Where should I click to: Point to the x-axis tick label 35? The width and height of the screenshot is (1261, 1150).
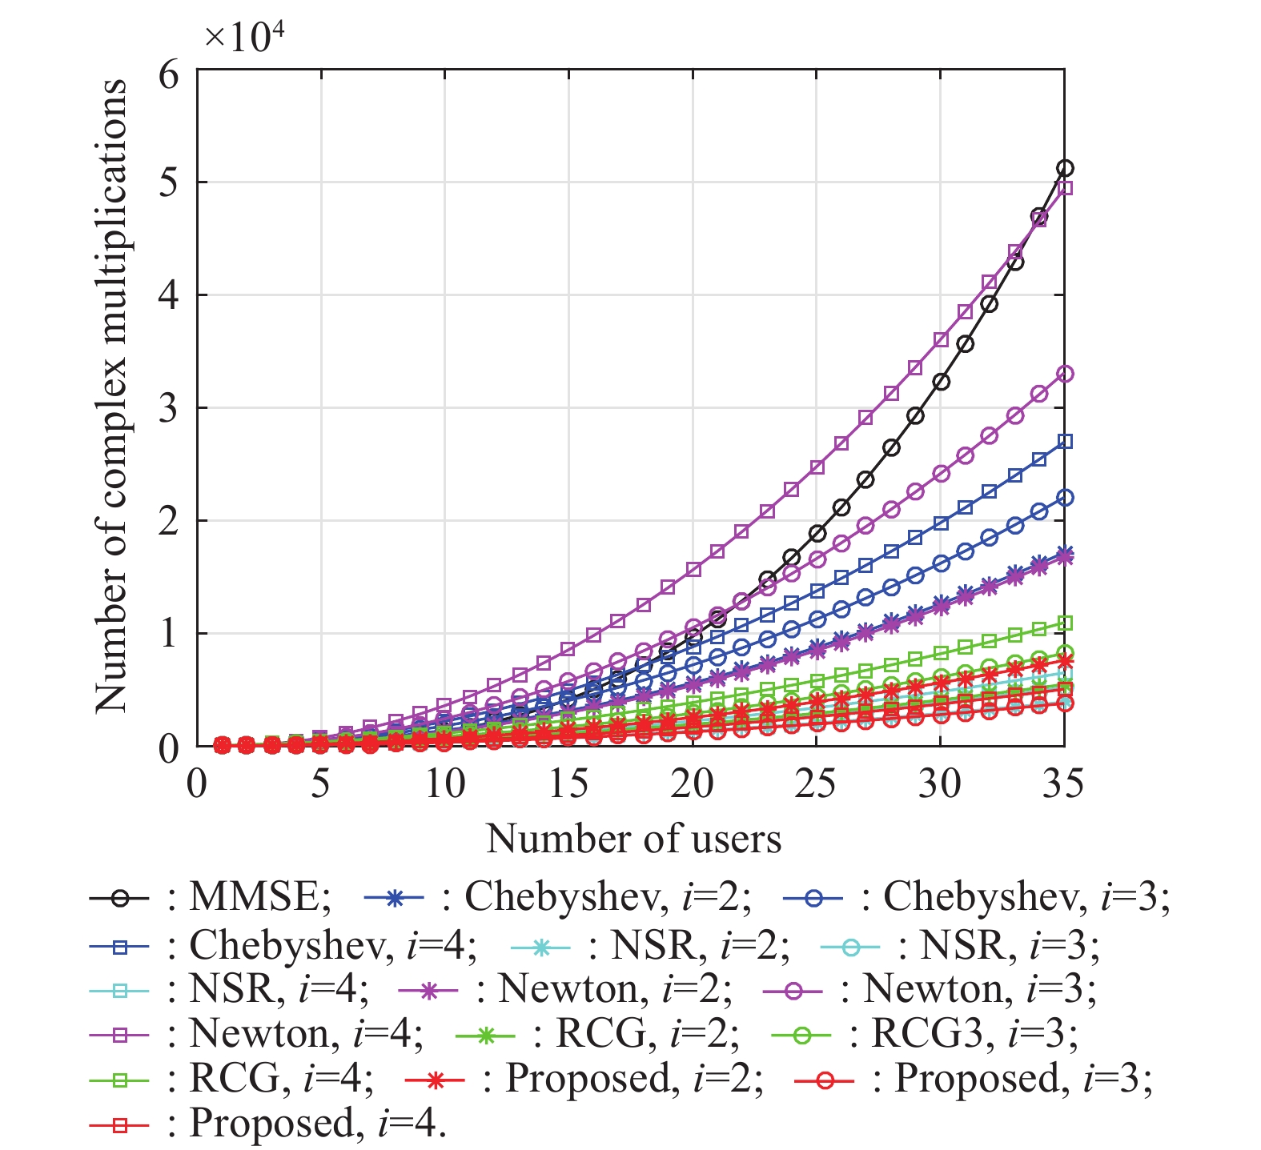click(1063, 783)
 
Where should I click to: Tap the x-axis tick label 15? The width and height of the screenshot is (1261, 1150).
click(568, 783)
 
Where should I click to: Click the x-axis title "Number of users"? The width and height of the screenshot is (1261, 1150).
click(633, 839)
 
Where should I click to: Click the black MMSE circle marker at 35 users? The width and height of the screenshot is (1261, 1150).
click(1064, 168)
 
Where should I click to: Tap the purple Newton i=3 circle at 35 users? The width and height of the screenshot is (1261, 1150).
click(1064, 374)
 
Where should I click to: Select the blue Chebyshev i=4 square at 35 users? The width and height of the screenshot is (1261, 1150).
click(1064, 442)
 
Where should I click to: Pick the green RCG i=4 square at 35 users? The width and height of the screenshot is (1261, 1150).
click(1064, 623)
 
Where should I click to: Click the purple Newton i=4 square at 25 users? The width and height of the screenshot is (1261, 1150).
click(817, 467)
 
